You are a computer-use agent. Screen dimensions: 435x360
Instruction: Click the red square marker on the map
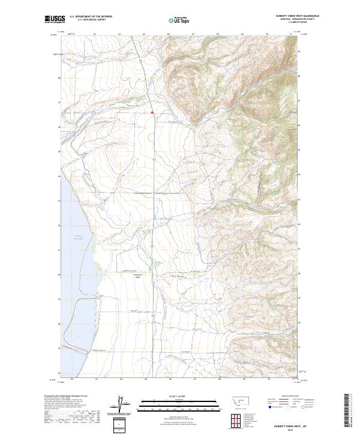pos(152,112)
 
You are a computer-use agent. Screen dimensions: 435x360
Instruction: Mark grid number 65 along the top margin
pos(144,35)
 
